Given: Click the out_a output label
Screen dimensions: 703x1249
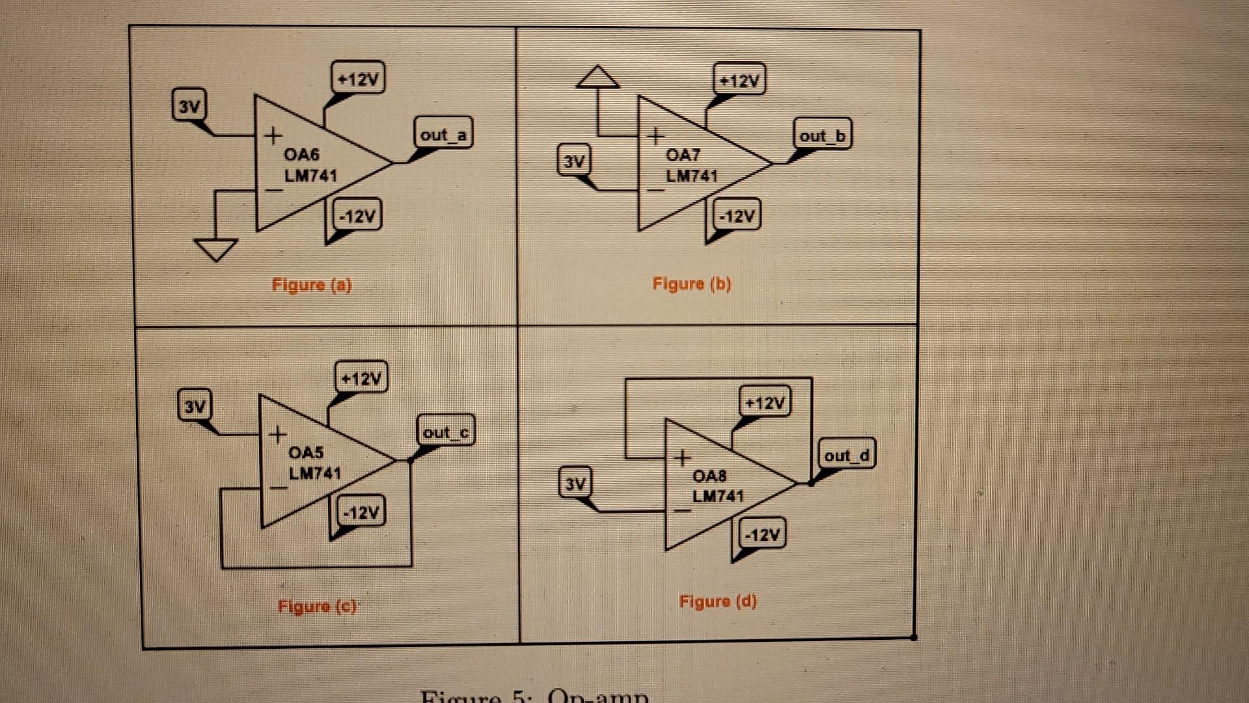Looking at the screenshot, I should pos(443,134).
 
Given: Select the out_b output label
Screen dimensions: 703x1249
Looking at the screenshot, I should pos(822,135).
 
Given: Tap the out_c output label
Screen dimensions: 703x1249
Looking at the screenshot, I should pos(446,432).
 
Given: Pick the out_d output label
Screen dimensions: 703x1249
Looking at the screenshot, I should pos(847,454).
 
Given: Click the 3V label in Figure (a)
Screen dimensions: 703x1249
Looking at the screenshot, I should pos(189,105).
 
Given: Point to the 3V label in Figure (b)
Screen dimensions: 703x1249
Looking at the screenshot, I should pos(574,160).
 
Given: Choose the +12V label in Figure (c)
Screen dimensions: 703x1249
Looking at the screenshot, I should pos(361,378).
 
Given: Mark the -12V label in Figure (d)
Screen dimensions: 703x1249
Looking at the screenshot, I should pos(762,534).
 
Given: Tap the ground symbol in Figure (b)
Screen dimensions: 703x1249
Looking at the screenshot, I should pos(597,77).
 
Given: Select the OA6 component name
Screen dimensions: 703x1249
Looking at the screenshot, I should pos(301,154).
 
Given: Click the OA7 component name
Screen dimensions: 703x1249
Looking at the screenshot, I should pos(683,155).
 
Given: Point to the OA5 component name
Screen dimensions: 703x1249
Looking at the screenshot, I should pos(306,452).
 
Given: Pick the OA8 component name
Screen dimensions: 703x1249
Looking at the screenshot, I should pos(709,476).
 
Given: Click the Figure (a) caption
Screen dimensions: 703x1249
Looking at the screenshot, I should pos(312,284).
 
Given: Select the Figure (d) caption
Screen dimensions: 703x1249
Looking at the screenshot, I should pos(718,601).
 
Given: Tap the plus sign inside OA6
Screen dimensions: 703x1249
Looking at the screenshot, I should pos(273,135).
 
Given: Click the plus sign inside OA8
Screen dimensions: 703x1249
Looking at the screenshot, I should pos(681,458).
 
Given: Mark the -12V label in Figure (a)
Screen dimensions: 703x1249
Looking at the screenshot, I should pos(357,215).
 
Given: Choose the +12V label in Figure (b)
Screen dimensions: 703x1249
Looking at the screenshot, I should pos(739,81).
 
